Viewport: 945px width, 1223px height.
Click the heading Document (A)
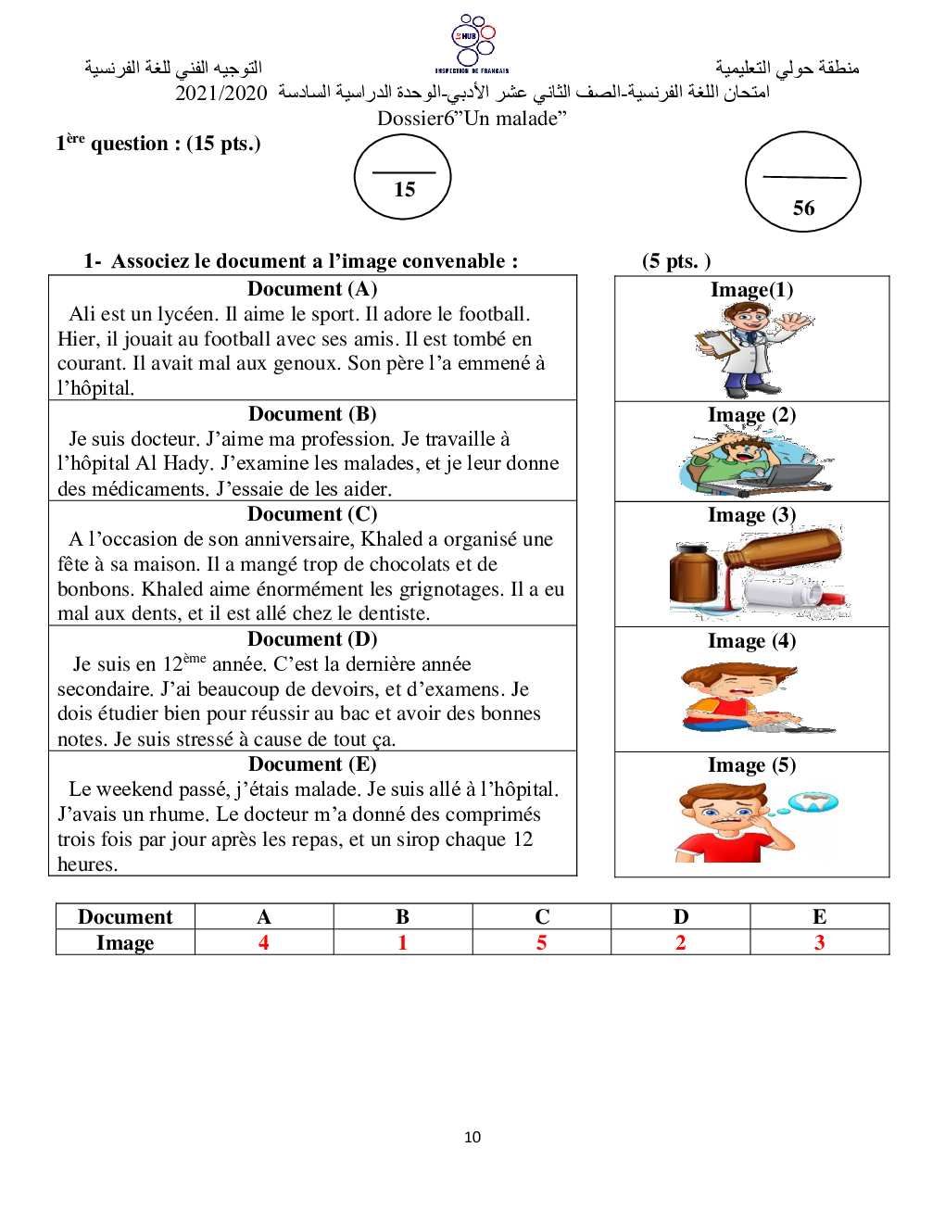(x=312, y=289)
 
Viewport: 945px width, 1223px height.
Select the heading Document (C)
(x=312, y=514)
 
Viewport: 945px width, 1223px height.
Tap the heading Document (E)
(x=312, y=764)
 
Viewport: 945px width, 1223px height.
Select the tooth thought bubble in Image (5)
(x=814, y=802)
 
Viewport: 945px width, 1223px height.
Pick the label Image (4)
(x=751, y=641)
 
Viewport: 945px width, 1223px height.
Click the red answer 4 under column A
(x=264, y=942)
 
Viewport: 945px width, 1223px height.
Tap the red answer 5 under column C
(x=542, y=942)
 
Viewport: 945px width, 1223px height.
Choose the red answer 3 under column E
(x=819, y=942)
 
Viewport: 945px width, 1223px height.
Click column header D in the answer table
(x=681, y=916)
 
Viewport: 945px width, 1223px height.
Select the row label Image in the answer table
(x=125, y=942)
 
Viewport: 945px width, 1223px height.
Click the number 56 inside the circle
(x=803, y=208)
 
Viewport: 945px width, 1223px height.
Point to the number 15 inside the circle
(x=404, y=190)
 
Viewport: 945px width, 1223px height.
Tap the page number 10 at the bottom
(x=472, y=1137)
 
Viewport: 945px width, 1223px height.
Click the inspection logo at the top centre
(x=472, y=43)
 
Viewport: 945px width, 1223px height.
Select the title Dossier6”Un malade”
(x=472, y=119)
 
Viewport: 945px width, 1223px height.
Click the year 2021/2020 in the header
(x=221, y=93)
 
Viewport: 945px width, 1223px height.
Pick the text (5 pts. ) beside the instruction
(x=676, y=261)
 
